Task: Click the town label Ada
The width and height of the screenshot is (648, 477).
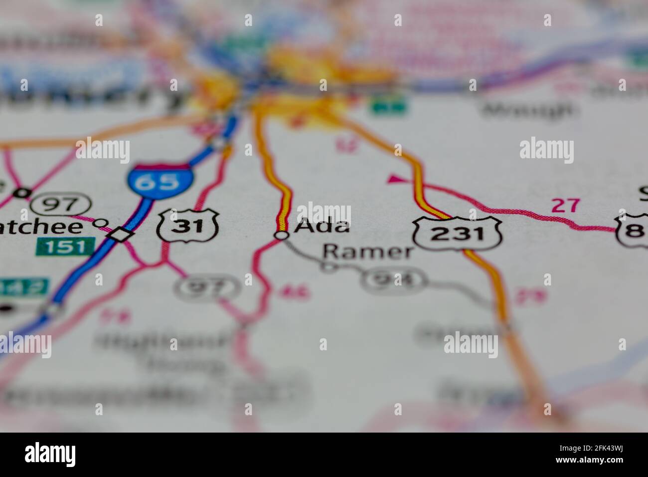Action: [322, 226]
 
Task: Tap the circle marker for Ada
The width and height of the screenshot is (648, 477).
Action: [282, 235]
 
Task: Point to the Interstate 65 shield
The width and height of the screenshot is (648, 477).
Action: [160, 181]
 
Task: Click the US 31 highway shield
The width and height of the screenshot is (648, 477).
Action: [188, 226]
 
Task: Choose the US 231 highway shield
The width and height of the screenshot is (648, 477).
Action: [457, 233]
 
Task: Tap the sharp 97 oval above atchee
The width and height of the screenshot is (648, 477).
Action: [61, 204]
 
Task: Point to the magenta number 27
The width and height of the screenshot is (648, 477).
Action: [566, 205]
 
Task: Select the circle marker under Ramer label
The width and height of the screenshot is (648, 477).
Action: [329, 268]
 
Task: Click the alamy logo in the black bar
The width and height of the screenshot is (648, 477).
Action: [50, 454]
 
